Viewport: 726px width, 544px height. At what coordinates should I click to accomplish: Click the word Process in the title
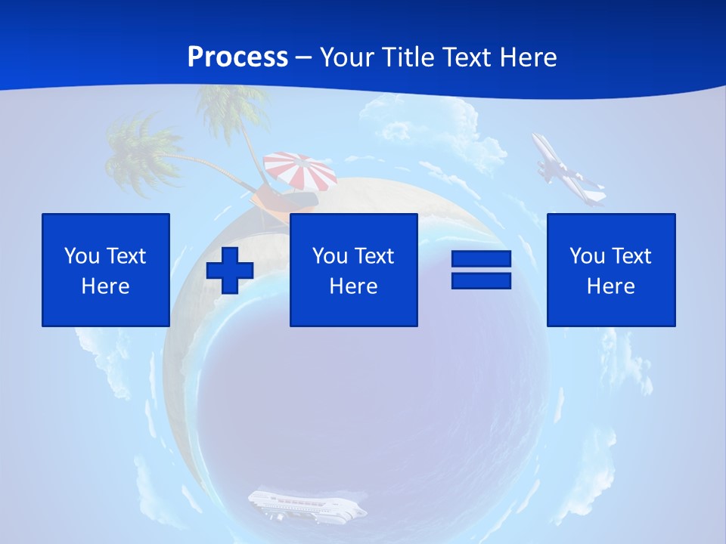click(x=237, y=57)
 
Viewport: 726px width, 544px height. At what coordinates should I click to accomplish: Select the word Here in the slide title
click(x=528, y=57)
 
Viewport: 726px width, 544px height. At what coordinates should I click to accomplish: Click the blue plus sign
click(x=230, y=270)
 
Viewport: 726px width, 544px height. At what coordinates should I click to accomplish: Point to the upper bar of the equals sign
click(x=481, y=259)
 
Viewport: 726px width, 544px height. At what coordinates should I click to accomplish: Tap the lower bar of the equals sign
click(x=481, y=281)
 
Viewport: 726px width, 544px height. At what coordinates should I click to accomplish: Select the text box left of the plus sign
click(x=106, y=270)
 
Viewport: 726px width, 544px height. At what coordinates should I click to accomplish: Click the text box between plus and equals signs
click(x=353, y=270)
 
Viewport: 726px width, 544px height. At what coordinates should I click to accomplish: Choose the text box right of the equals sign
click(x=611, y=270)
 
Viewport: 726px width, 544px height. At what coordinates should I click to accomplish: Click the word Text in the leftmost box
click(x=126, y=256)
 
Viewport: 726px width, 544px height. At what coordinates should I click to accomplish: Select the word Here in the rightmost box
click(x=611, y=286)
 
